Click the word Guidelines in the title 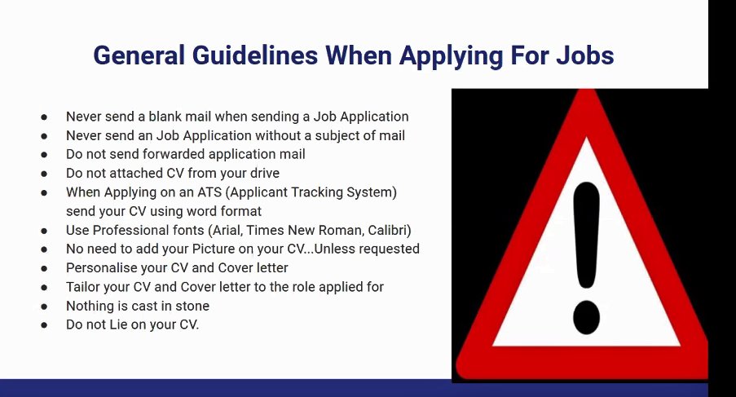pos(255,55)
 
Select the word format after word pos(240,211)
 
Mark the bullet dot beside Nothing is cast pos(44,307)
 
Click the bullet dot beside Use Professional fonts pos(44,231)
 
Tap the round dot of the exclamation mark pos(586,317)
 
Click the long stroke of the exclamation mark pos(586,236)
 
